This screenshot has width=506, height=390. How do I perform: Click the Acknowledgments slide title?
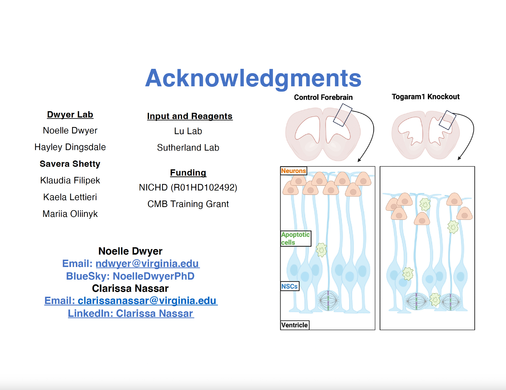pos(253,78)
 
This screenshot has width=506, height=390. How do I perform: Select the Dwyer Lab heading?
pos(70,115)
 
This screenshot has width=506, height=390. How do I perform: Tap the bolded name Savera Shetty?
pos(70,164)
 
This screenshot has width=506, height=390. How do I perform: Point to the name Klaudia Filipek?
pos(70,180)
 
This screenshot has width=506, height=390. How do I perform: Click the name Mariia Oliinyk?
pos(70,214)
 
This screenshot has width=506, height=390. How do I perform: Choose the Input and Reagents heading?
pos(190,116)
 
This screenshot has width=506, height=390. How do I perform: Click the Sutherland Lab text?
pos(188,148)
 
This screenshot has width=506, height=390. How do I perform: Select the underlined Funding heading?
pos(188,173)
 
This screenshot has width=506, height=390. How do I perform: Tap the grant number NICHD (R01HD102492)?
pos(188,188)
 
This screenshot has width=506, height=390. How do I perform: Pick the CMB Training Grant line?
pos(188,204)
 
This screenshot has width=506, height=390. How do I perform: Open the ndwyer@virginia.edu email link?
pos(147,264)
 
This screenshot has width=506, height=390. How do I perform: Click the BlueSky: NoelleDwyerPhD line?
pos(130,276)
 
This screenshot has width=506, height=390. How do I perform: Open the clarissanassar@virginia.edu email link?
pos(147,301)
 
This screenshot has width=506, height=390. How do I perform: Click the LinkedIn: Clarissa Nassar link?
pos(131,314)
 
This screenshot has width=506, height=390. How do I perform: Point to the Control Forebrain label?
pos(323,97)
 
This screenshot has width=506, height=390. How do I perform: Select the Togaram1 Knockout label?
pos(426,97)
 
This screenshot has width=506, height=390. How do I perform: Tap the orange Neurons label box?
pos(293,171)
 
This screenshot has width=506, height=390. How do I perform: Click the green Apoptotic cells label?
pos(295,238)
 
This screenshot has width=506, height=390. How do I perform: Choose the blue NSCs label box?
pos(289,286)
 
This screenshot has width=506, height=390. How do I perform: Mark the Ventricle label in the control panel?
pos(294,325)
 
